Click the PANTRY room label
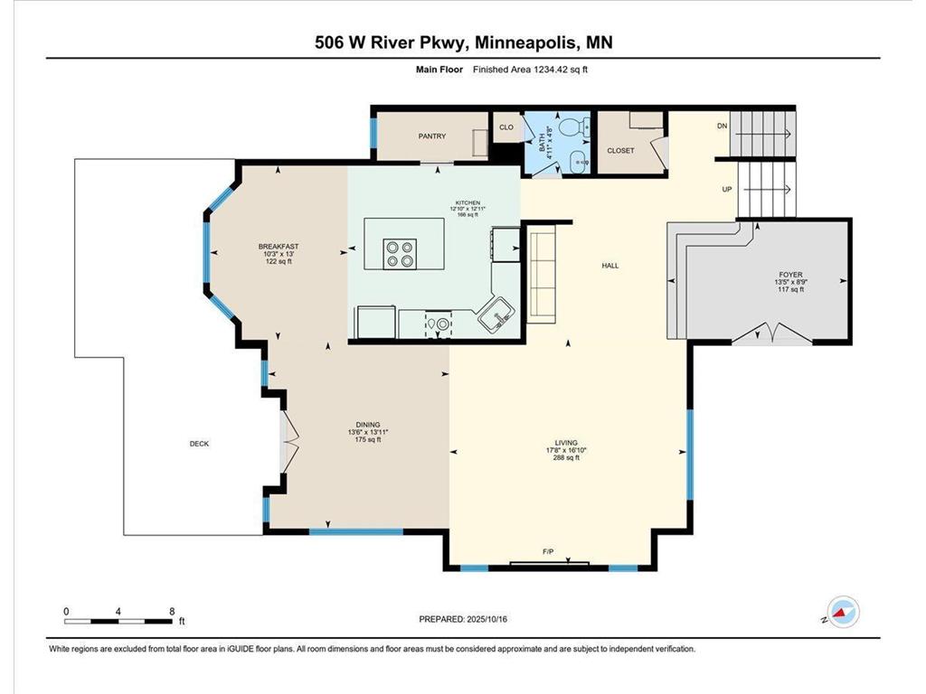(431, 136)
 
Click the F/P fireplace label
(547, 551)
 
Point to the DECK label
(199, 444)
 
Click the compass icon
(843, 613)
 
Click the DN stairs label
(722, 127)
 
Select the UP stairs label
(726, 190)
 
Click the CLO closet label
(506, 127)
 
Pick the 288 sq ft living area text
(566, 458)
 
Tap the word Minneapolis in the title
(524, 42)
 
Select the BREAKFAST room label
(279, 247)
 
